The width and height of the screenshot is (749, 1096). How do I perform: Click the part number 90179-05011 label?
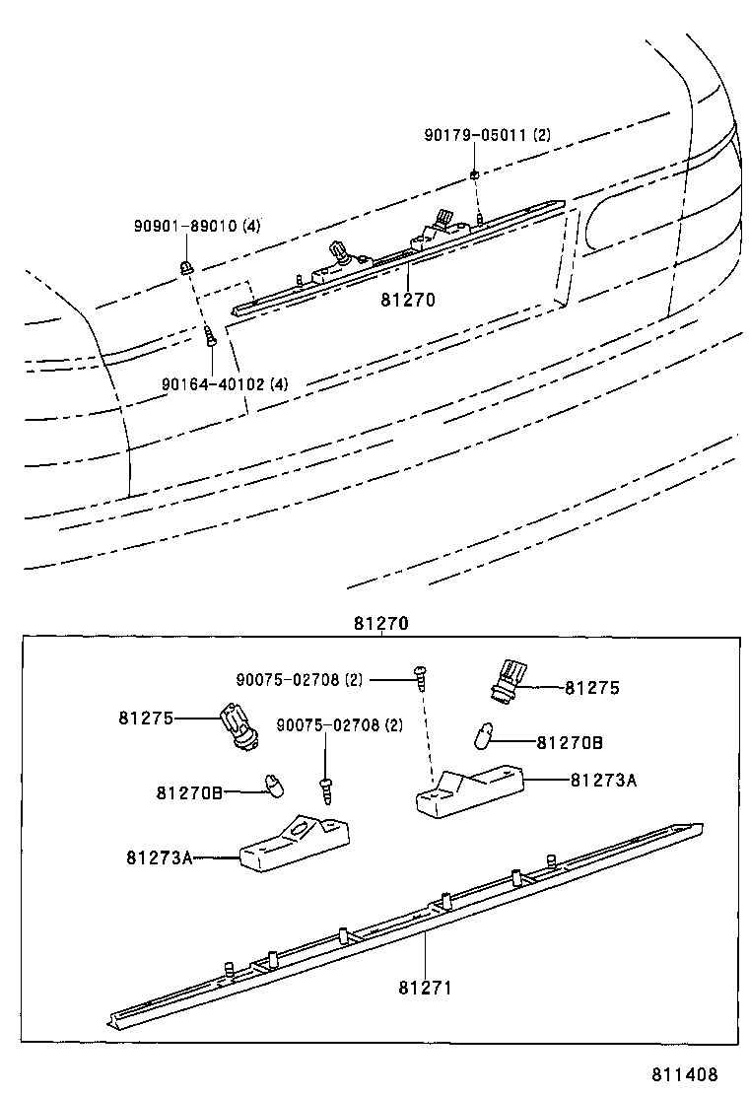(x=488, y=136)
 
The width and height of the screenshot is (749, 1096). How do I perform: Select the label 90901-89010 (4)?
(x=197, y=226)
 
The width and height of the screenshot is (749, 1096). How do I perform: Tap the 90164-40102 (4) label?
(x=225, y=383)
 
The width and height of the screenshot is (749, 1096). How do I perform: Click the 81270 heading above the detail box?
(x=380, y=624)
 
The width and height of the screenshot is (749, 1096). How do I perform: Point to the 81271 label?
(x=425, y=987)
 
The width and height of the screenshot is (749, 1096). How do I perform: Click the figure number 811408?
(x=683, y=1074)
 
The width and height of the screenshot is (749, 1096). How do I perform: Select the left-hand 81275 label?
(x=146, y=719)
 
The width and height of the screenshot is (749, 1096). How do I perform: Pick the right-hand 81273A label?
(x=603, y=780)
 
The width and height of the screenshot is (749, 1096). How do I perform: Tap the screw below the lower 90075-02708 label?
(x=324, y=788)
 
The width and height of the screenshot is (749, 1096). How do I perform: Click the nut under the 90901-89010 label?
(x=185, y=265)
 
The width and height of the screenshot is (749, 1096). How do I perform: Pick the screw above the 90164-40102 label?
(x=211, y=337)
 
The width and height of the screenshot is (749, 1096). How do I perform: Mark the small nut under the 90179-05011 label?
(x=474, y=174)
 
